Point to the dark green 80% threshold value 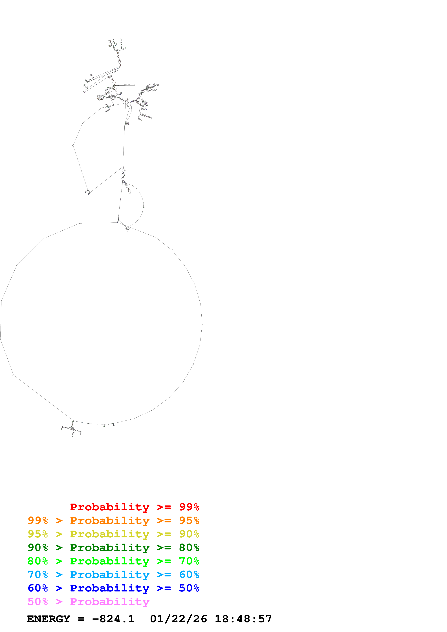coord(189,548)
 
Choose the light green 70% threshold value coord(189,561)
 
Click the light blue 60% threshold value coord(189,575)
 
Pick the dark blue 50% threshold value coord(189,588)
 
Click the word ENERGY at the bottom coord(49,619)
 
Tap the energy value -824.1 coord(113,619)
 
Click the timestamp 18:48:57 coord(243,619)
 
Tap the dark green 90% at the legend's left coord(38,548)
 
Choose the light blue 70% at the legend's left coord(38,575)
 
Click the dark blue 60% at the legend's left coord(38,588)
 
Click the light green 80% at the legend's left coord(38,561)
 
